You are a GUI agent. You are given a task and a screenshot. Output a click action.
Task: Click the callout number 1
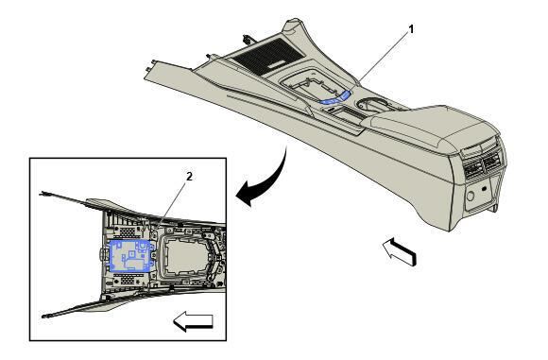coord(411,29)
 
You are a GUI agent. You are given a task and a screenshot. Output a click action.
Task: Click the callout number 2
coord(189,177)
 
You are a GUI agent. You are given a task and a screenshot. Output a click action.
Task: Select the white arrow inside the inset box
coord(193,321)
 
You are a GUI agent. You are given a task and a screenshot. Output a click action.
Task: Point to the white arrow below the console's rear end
coord(400,251)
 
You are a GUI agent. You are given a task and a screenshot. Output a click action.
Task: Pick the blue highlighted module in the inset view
coord(131,256)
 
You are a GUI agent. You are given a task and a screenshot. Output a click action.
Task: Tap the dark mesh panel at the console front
coord(268,56)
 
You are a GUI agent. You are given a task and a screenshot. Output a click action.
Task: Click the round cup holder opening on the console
coord(372,104)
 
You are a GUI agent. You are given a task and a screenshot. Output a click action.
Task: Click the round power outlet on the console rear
coord(471,196)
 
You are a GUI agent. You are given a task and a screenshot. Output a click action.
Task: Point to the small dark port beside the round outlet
coord(484,189)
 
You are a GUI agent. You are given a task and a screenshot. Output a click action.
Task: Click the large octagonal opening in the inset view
coord(181,256)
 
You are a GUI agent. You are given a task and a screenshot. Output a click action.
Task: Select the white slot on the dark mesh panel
coord(276,65)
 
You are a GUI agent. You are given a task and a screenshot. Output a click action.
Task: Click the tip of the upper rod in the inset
coord(41,193)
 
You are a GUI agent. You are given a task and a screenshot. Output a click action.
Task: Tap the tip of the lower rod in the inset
coord(43,317)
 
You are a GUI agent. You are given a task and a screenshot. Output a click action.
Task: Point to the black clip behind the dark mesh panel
coord(248,38)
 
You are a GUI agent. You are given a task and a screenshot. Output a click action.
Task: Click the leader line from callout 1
coord(383,59)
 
